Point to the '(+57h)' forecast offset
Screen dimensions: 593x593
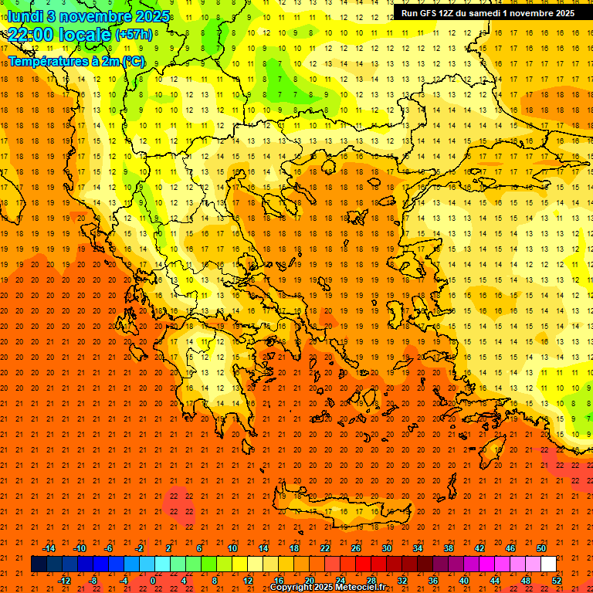pyautogui.click(x=133, y=36)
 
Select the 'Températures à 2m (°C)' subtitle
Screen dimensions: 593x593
pyautogui.click(x=76, y=61)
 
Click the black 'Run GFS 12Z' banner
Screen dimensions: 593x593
pyautogui.click(x=486, y=13)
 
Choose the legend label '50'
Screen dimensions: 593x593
pyautogui.click(x=541, y=548)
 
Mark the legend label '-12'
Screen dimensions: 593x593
pyautogui.click(x=64, y=581)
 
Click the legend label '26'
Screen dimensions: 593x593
pyautogui.click(x=356, y=548)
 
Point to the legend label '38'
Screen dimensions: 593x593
pyautogui.click(x=449, y=548)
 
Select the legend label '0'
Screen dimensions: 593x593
pyautogui.click(x=152, y=581)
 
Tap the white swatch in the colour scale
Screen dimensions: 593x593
pyautogui.click(x=548, y=564)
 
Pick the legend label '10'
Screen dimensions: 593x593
pyautogui.click(x=232, y=548)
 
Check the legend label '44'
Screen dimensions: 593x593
pyautogui.click(x=494, y=581)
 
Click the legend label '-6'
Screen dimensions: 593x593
pyautogui.click(x=109, y=548)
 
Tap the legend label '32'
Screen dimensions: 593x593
pyautogui.click(x=402, y=581)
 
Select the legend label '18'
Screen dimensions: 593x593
pyautogui.click(x=293, y=548)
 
